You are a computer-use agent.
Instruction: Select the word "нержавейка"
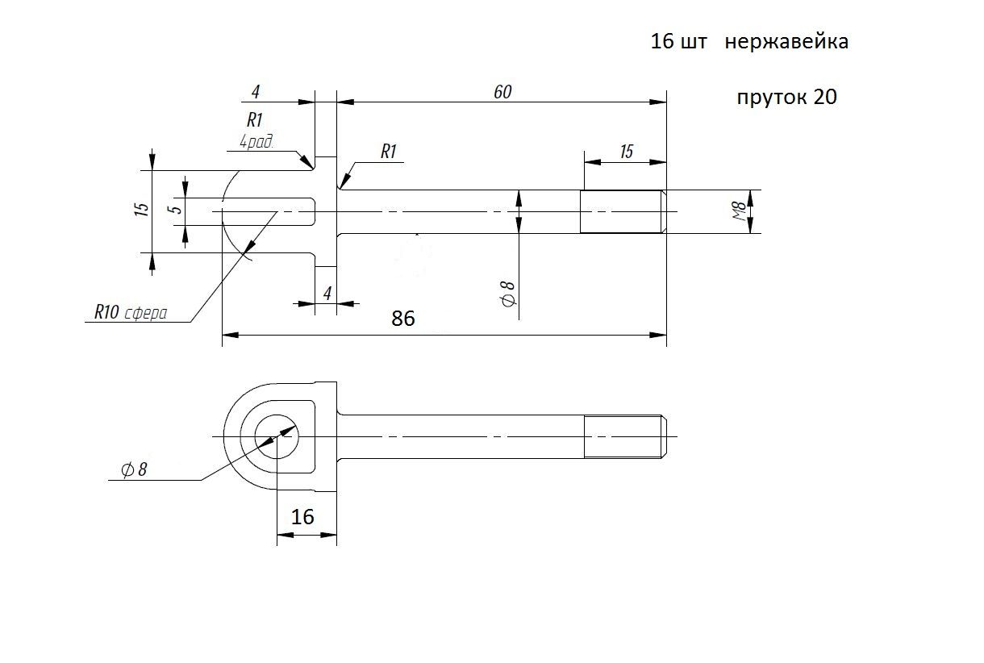coord(786,42)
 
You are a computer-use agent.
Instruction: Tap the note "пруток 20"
coord(786,98)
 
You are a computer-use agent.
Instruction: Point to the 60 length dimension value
coord(502,92)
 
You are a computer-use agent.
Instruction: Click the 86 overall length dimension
coord(402,319)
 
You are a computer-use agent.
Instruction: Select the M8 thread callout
coord(737,211)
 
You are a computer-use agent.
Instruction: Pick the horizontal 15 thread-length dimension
coord(626,152)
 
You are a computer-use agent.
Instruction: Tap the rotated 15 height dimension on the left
coord(142,210)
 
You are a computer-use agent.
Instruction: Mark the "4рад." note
coord(256,142)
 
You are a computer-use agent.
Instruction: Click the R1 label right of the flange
coord(389,152)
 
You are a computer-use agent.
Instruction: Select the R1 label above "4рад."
coord(255,120)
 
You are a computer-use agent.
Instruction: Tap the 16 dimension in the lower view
coord(302,517)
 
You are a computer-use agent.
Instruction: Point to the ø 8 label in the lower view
coord(134,469)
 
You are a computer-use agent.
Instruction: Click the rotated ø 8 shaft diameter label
coord(508,296)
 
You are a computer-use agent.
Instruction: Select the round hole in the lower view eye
coord(277,436)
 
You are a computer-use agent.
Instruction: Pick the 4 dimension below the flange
coord(327,294)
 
